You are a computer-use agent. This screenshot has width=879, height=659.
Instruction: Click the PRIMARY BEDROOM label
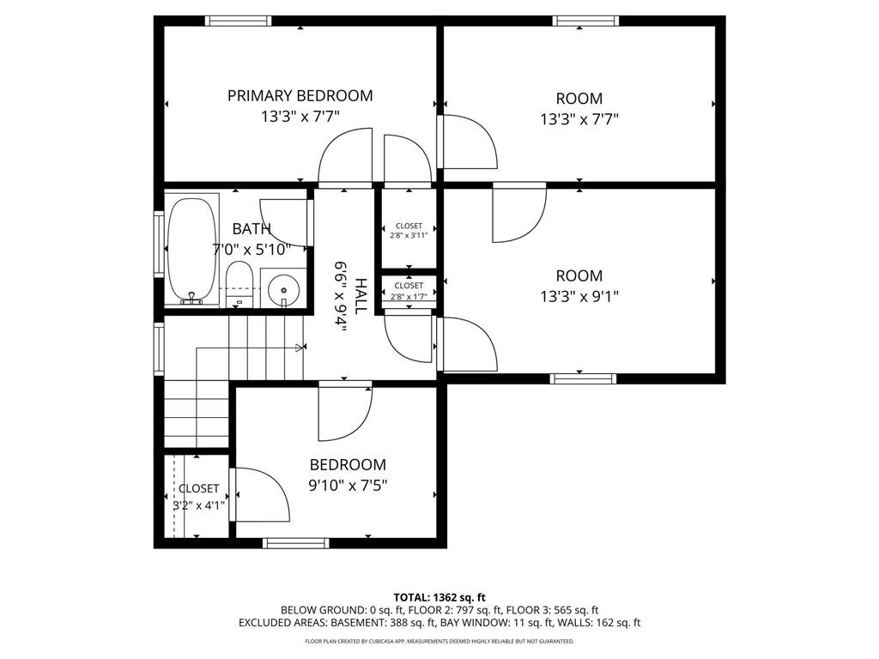click(300, 95)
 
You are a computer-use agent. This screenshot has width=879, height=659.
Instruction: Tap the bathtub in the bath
click(193, 249)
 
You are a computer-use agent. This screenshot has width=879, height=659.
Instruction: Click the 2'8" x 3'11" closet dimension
click(409, 235)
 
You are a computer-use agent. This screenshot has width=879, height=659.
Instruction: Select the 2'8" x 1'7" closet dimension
click(409, 297)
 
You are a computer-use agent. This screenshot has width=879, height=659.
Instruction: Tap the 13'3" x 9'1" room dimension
click(579, 297)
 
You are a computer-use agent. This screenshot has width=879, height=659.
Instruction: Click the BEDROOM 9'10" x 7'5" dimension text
click(348, 485)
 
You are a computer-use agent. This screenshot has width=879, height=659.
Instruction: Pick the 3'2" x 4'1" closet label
click(198, 505)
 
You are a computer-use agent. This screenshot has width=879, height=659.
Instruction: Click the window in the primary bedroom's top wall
click(239, 21)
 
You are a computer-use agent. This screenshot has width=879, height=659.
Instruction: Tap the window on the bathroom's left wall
click(159, 243)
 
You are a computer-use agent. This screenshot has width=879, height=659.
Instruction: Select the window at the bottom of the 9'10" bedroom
click(295, 542)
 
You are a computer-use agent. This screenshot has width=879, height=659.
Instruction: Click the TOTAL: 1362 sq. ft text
click(439, 596)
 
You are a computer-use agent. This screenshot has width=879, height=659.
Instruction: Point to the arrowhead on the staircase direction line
click(300, 348)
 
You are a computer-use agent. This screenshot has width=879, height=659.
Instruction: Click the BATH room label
click(252, 228)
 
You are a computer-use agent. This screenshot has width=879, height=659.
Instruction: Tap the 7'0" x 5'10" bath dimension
click(252, 250)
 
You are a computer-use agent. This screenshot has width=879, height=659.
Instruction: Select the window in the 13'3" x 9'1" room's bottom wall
click(583, 378)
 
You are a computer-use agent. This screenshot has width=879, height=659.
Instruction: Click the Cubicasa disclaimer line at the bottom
click(439, 641)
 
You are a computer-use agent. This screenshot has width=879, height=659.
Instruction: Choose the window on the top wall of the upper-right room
click(585, 21)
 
